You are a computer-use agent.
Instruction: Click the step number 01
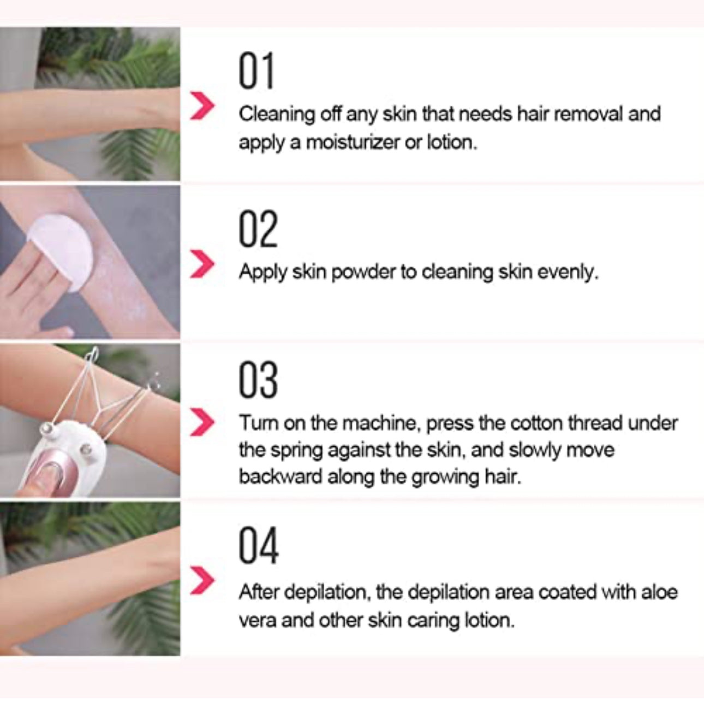pyautogui.click(x=256, y=72)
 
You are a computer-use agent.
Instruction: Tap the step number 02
pyautogui.click(x=258, y=229)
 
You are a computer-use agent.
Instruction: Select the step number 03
pyautogui.click(x=258, y=380)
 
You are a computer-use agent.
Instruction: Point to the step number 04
pyautogui.click(x=259, y=546)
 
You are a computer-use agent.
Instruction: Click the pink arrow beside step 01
pyautogui.click(x=202, y=106)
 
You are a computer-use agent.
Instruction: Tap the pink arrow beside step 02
pyautogui.click(x=202, y=264)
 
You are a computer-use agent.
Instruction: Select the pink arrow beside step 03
pyautogui.click(x=202, y=422)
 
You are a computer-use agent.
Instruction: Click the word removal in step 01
pyautogui.click(x=592, y=114)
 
